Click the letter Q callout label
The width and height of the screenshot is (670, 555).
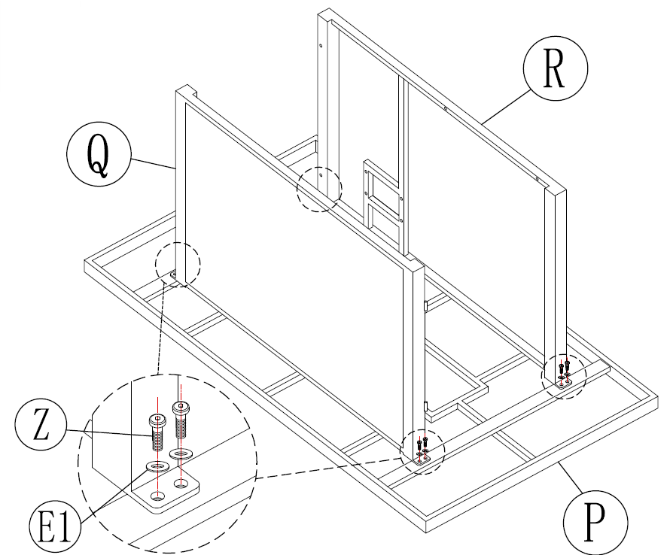(99, 155)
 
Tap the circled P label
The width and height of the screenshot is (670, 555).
(595, 519)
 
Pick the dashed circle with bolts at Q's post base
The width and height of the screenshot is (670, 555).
(422, 452)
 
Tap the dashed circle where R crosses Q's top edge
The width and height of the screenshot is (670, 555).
(319, 189)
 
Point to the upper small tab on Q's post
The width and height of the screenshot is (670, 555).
(426, 306)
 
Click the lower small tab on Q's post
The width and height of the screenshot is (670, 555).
(426, 407)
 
